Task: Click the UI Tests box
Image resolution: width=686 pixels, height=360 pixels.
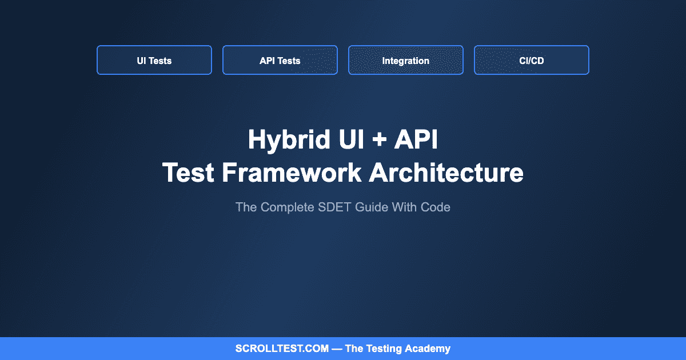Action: pos(154,60)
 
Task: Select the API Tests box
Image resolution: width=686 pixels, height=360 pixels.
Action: pos(280,60)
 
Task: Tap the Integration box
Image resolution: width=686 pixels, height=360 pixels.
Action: pos(406,60)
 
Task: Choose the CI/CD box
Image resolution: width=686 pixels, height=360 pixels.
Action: pos(532,60)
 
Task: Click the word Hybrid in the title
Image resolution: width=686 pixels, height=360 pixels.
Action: pos(289,140)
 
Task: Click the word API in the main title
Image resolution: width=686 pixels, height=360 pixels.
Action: pos(416,139)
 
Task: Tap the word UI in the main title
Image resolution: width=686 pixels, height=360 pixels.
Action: pos(351,139)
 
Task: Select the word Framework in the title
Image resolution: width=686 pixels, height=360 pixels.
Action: pos(292,173)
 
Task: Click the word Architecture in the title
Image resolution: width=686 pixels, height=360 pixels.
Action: pos(446,173)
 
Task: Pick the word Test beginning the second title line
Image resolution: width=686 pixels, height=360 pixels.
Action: pos(188,173)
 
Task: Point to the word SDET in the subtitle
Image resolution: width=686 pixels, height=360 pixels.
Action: pos(334,207)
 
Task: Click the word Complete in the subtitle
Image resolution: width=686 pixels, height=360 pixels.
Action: pos(288,208)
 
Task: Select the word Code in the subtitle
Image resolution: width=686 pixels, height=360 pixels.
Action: pos(436,207)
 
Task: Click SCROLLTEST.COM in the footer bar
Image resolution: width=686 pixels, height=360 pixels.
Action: pos(282,349)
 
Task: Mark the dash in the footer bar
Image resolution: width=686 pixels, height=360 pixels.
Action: pos(337,349)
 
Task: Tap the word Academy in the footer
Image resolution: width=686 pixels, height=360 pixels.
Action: pos(428,349)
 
